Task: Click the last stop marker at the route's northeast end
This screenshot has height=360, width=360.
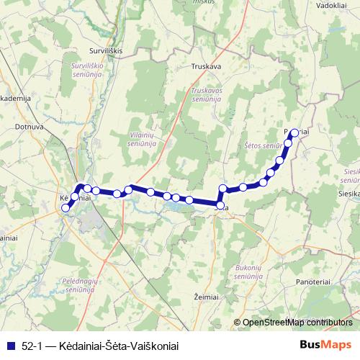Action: tap(294, 132)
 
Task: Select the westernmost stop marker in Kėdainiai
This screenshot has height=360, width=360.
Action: tap(66, 208)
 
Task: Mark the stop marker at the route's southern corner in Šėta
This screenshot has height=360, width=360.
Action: tap(220, 206)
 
